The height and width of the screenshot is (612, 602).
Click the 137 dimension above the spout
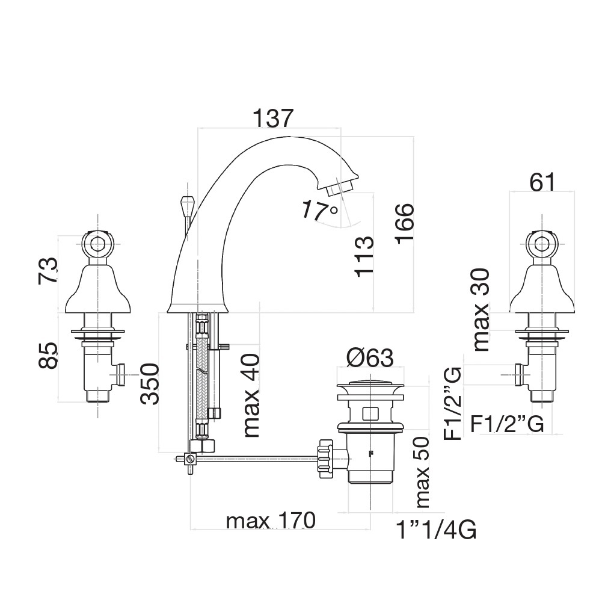coord(272,118)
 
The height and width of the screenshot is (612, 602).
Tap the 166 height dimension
coord(404,224)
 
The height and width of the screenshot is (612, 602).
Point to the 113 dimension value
coord(364,256)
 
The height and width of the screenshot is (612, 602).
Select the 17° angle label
coord(319,211)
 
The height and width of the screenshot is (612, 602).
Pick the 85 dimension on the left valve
coord(48,355)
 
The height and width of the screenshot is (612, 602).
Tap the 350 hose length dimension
coord(150,384)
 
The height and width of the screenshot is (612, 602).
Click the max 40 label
coord(251,395)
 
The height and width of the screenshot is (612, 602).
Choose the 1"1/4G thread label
coord(436,530)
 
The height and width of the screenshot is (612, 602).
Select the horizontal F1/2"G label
coord(507,424)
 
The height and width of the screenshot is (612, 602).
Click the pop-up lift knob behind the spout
coord(186,205)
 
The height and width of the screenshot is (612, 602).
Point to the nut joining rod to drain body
coord(325,458)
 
